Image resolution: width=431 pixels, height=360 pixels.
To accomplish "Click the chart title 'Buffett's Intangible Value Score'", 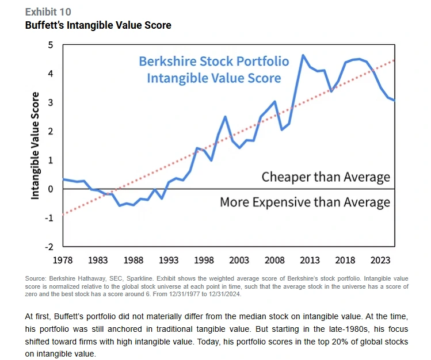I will click(x=98, y=25).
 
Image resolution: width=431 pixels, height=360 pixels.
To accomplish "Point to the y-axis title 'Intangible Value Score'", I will click(x=35, y=145).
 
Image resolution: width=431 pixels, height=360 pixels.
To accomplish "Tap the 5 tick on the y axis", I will click(x=50, y=45).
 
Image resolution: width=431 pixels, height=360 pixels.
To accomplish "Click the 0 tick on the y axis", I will click(x=50, y=189).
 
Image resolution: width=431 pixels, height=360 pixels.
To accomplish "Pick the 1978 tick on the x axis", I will click(x=63, y=261).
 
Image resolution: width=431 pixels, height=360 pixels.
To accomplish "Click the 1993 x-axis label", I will click(x=169, y=261).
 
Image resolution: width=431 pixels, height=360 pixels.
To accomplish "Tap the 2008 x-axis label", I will click(x=275, y=261).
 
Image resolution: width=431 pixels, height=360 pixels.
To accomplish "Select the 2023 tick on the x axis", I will click(x=381, y=261).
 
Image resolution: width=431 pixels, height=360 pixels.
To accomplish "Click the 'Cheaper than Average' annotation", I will click(x=326, y=177).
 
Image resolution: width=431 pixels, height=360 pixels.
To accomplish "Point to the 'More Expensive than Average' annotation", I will click(x=305, y=202).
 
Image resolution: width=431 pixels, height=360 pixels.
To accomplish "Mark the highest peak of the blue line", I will click(x=303, y=55).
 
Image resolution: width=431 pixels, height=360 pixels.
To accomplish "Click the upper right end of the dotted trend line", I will click(x=394, y=60).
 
